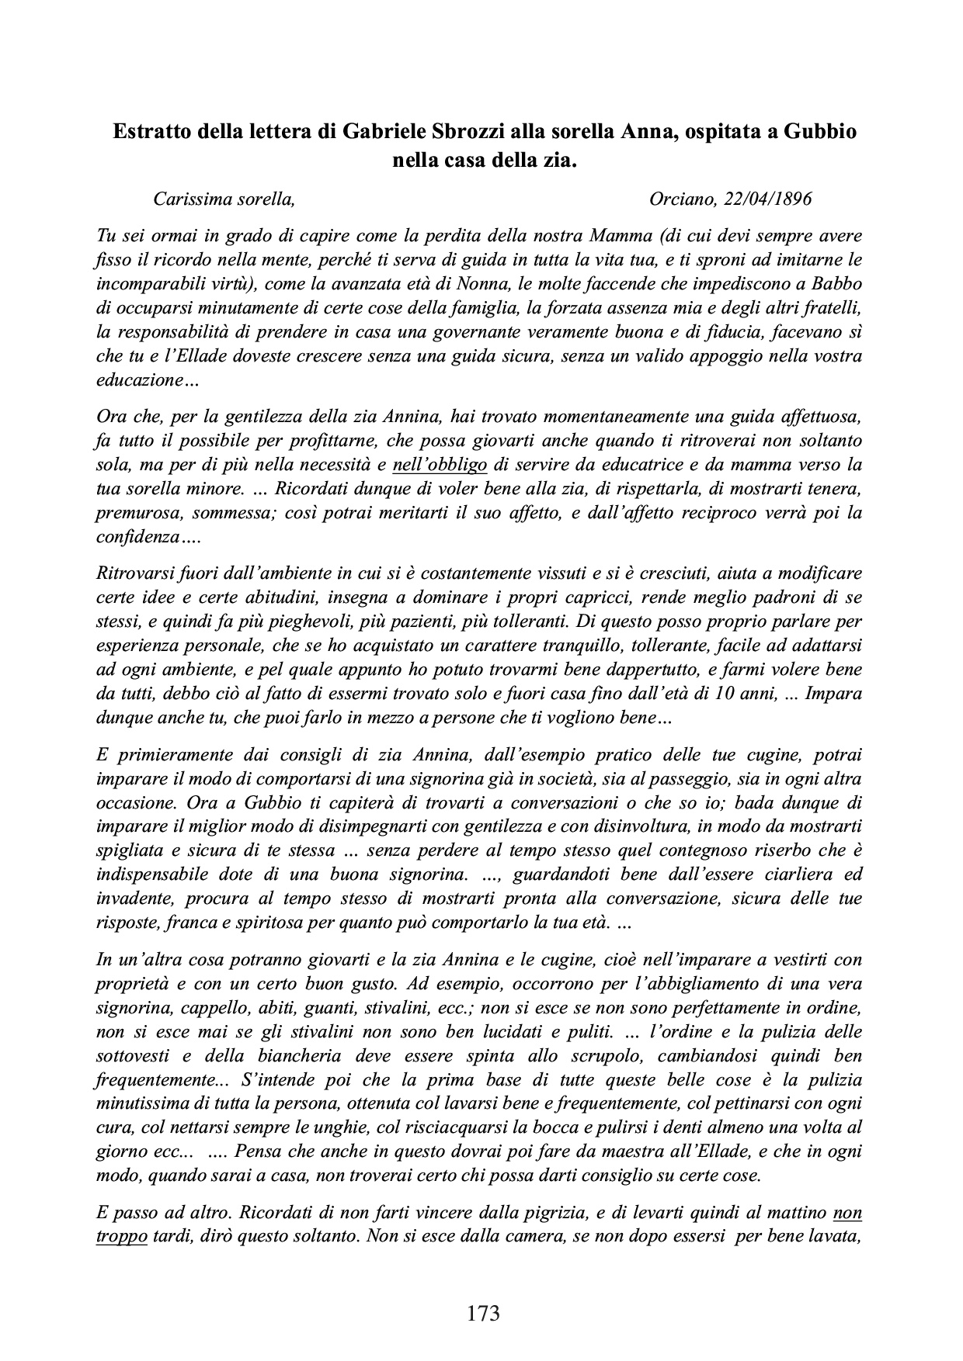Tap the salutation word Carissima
coord(190,199)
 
